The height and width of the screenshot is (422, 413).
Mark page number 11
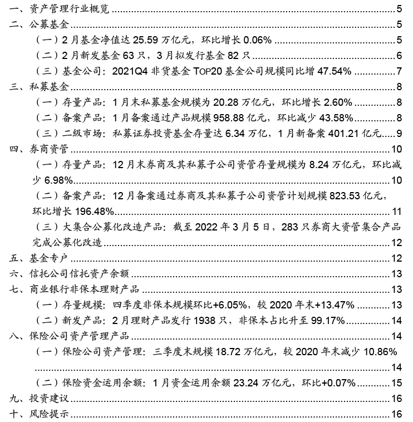click(396, 212)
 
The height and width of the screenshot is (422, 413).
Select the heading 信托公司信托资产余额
click(77, 273)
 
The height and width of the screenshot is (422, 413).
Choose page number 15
click(396, 382)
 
